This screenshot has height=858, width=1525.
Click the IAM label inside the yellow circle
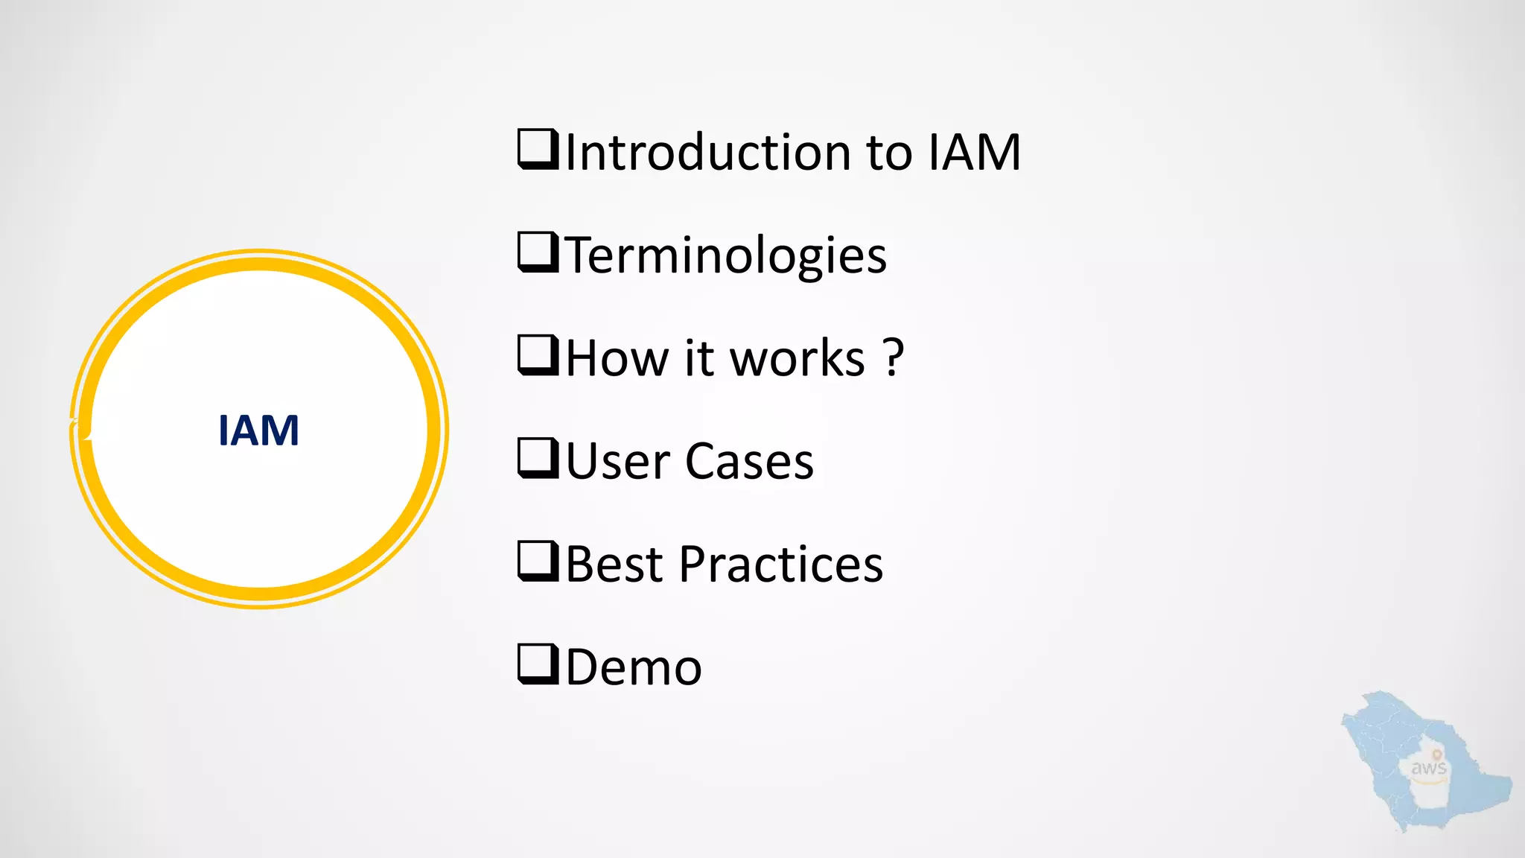258,430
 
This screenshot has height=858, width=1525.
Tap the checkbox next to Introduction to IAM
538,149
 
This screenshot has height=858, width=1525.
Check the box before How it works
538,355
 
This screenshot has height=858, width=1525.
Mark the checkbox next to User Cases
538,458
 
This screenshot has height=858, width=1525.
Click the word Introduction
708,152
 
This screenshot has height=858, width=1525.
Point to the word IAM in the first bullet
975,152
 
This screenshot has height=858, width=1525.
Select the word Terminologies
727,255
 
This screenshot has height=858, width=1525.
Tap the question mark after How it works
894,357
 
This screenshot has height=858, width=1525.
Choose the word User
618,461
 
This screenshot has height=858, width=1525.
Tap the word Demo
634,667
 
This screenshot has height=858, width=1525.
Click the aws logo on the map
1428,768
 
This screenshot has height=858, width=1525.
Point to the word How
617,358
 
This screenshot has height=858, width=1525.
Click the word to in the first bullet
889,152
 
